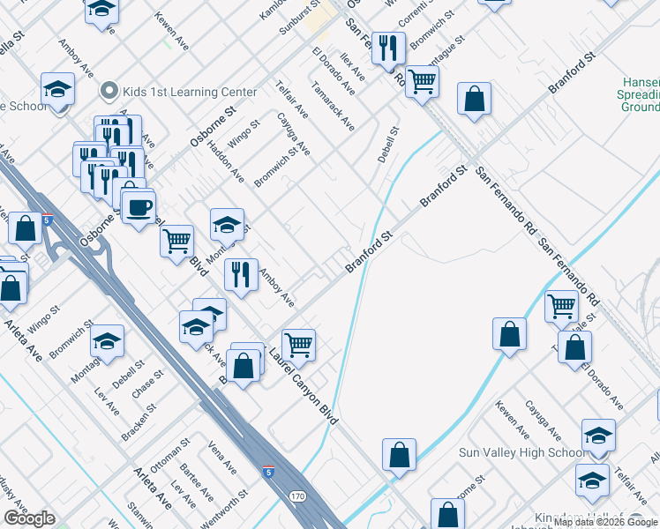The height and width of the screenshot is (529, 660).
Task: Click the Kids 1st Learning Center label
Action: pos(191,92)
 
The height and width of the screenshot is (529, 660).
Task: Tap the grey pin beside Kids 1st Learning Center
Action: pos(109,91)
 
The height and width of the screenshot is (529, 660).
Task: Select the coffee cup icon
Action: pos(138,208)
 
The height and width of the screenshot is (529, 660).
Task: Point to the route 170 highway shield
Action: pos(298,496)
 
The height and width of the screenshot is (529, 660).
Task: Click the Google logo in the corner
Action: pos(29,518)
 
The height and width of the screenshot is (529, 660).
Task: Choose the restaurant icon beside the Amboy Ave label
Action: pos(240,275)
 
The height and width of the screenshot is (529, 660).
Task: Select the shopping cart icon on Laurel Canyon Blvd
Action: pos(299,344)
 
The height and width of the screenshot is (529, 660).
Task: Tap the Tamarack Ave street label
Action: pos(334,108)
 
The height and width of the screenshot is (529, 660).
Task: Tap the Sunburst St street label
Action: pos(293,17)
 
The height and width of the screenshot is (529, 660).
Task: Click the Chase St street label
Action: pos(148,385)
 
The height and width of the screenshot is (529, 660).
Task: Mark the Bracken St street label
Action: pos(141,412)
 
